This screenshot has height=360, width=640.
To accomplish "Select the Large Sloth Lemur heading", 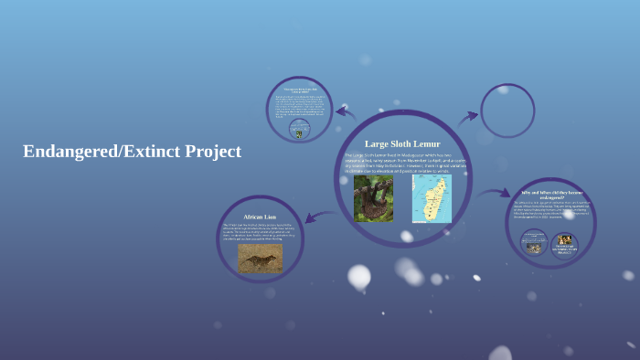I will coord(402,143).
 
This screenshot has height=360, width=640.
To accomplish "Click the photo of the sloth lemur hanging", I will coord(373,198).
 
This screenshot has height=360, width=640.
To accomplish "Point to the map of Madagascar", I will coord(431,198).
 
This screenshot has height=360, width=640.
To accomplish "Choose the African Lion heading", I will coord(260,217).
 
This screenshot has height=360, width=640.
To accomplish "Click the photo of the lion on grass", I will coord(260,258).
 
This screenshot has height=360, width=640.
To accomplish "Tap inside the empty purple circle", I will coord(507,111).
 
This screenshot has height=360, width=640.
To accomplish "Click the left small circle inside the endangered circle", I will coord(533,243).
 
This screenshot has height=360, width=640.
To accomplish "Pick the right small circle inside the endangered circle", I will coord(564,244).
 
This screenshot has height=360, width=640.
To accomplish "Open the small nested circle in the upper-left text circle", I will coord(298,131).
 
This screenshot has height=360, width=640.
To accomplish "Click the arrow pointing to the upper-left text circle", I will coord(345,112).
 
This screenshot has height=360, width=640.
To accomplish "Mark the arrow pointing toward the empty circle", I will coord(467,116).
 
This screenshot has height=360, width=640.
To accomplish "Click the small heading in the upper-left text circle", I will coord(299,90).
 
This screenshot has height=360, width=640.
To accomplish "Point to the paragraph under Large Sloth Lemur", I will coord(402,163).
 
